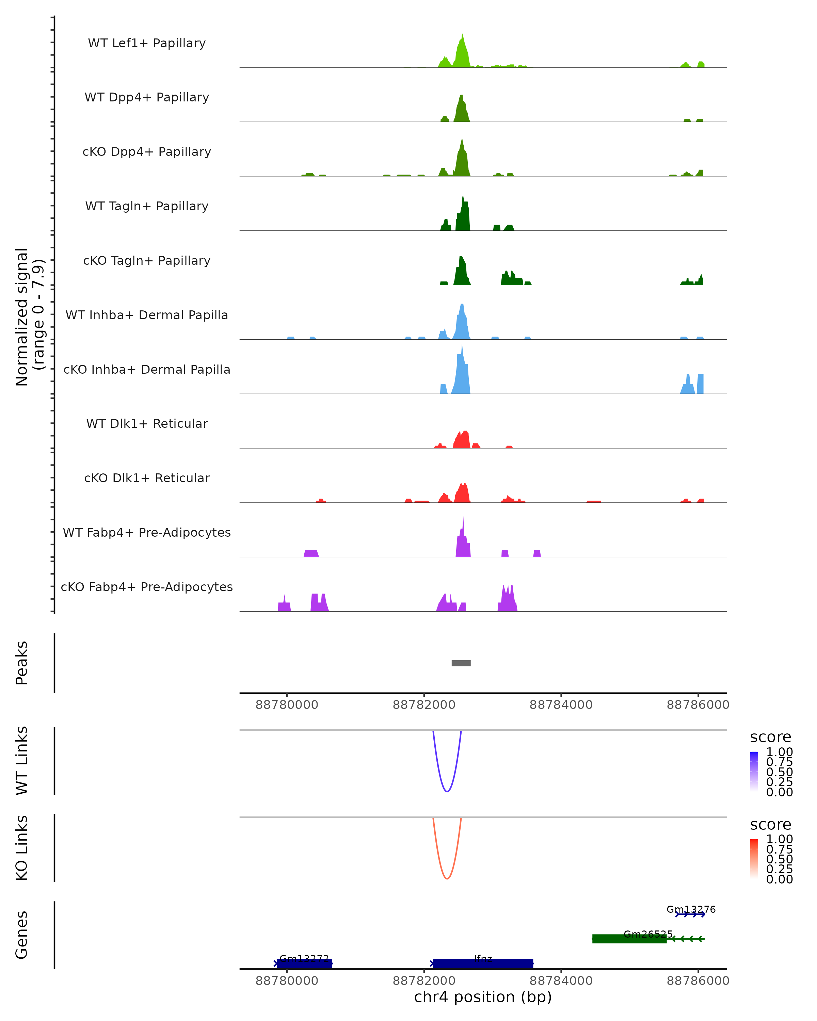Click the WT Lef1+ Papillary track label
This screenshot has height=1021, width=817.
[147, 43]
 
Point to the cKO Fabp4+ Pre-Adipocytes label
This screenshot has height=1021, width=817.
[147, 587]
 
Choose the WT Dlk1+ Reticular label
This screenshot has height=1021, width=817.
[147, 423]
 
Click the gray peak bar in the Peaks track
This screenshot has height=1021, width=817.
[461, 663]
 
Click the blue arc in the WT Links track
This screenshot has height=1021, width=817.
[447, 791]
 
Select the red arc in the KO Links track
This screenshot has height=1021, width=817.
[447, 878]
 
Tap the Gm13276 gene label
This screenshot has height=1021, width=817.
[691, 909]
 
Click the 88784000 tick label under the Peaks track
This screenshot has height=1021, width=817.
[561, 705]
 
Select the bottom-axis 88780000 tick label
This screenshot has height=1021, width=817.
[287, 981]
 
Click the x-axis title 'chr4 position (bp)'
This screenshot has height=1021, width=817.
[483, 997]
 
